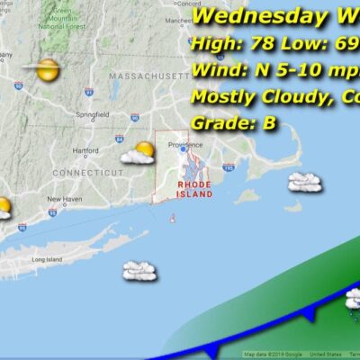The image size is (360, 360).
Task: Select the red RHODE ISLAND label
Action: (x=194, y=188)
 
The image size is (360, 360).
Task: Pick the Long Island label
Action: (x=46, y=260)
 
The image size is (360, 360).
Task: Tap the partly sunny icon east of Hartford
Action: (x=139, y=153)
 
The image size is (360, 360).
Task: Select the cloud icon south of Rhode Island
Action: (x=139, y=269)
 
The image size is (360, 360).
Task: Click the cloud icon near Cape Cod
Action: (x=305, y=183)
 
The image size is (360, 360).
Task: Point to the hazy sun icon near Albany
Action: (x=41, y=67)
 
